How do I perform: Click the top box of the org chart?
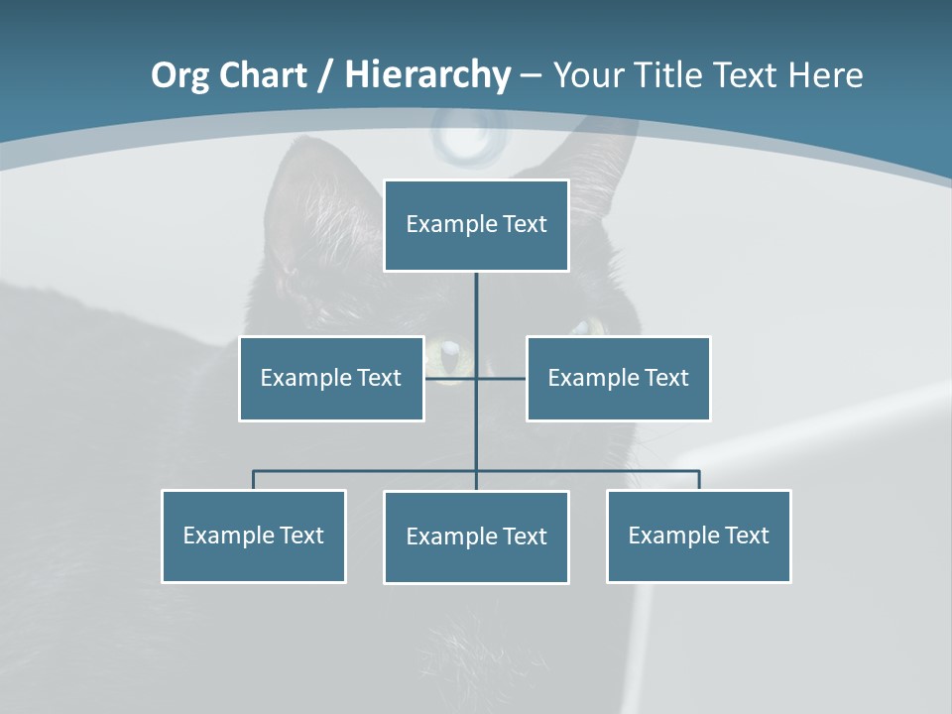click(x=476, y=225)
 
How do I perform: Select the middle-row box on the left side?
click(x=331, y=379)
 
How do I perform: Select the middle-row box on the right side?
click(x=618, y=379)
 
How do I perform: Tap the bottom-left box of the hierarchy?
click(x=253, y=536)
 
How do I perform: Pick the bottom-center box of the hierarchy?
click(x=476, y=537)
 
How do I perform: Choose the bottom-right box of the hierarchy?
click(x=698, y=536)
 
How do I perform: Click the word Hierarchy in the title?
click(x=426, y=75)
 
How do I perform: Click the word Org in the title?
click(x=179, y=75)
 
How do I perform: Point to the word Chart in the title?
click(x=261, y=75)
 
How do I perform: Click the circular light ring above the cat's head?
click(x=465, y=136)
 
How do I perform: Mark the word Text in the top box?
click(x=525, y=224)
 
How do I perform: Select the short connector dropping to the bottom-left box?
click(x=253, y=480)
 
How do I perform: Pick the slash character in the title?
click(x=325, y=75)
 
